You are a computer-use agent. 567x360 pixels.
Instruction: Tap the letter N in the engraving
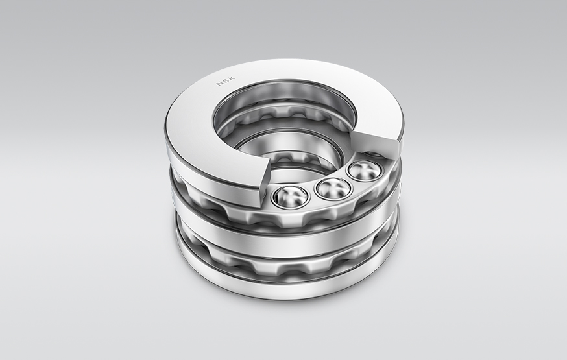point(219,86)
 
